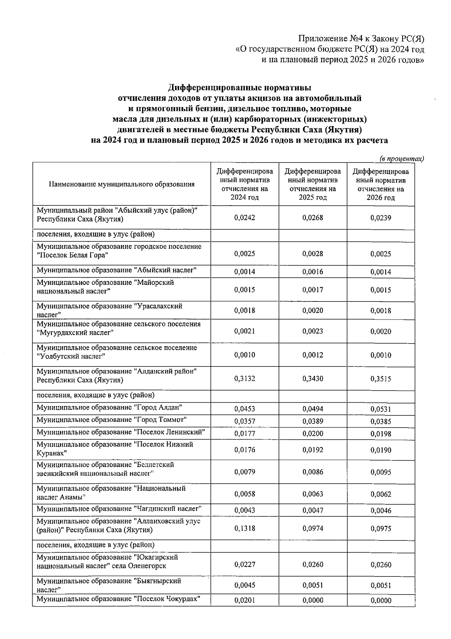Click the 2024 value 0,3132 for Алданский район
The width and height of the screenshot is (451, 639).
point(244,379)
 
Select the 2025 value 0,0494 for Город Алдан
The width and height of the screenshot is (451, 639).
point(313,409)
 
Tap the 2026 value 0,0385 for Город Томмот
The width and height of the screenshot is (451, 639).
point(381,421)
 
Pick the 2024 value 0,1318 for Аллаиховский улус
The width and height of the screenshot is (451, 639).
point(244,528)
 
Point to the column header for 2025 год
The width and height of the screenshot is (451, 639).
point(313,184)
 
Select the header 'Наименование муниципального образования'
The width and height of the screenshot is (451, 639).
point(121,184)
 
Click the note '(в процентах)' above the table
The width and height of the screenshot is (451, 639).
point(401,159)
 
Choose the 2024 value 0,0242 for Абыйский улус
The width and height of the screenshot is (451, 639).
point(244,218)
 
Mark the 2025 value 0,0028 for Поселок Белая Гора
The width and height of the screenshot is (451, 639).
point(313,254)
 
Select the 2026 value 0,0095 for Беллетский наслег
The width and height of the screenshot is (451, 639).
point(381,472)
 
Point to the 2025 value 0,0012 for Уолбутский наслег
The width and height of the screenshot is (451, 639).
point(313,355)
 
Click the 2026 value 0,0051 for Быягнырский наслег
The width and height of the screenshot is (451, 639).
point(381,585)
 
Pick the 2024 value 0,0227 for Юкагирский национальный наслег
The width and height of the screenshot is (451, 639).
point(244,564)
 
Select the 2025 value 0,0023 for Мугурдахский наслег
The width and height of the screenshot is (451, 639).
point(313,331)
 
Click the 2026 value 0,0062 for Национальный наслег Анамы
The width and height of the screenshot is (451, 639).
point(381,494)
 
